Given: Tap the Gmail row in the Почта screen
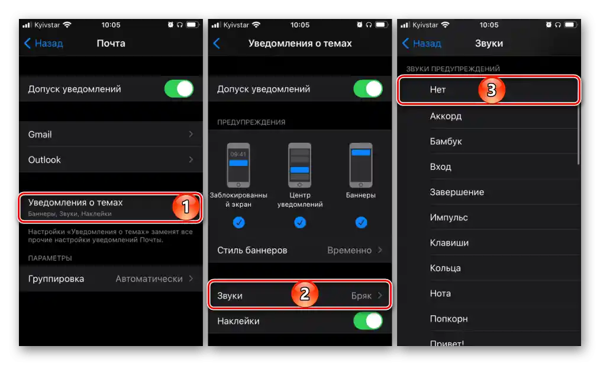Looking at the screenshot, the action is (x=111, y=135).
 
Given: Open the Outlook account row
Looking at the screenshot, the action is (x=111, y=160).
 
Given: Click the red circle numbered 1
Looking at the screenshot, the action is (x=186, y=207).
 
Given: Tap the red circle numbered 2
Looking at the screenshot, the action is (x=305, y=294).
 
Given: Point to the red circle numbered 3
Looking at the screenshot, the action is (x=492, y=90).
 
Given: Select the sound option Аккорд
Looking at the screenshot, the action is (x=446, y=116).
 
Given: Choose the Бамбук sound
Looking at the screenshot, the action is (x=446, y=142).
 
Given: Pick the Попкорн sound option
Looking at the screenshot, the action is (x=449, y=319).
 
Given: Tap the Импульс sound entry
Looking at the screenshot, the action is (x=449, y=217).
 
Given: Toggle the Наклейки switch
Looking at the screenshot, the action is (x=368, y=321).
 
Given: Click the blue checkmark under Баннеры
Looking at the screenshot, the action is (x=361, y=223).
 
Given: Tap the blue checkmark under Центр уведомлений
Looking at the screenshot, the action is (x=300, y=223).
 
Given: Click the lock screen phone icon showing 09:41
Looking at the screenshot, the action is (x=238, y=165).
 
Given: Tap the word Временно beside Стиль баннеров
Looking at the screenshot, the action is (x=349, y=250).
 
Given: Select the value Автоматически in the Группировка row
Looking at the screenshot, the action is (x=149, y=279).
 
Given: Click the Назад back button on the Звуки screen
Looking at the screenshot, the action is (x=422, y=43).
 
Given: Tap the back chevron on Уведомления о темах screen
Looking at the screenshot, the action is (x=217, y=43).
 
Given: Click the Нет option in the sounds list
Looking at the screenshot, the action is (x=438, y=89).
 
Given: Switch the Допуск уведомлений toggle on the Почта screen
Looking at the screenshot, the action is (x=179, y=89).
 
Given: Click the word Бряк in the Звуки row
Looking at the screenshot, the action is (x=361, y=296).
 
